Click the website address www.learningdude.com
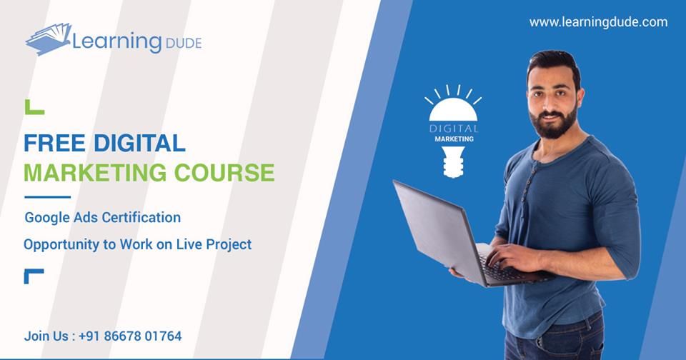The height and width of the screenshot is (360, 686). click(598, 22)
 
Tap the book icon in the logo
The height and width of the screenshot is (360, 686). click(49, 39)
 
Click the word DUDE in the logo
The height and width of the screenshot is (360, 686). click(184, 44)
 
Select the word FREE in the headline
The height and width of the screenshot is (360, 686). click(54, 144)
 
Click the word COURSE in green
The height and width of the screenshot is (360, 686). click(224, 173)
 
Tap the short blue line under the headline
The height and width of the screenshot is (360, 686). click(47, 197)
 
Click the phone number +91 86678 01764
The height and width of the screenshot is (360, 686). click(130, 336)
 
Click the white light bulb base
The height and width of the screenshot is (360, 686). click(453, 162)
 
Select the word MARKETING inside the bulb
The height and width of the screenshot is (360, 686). click(454, 139)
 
